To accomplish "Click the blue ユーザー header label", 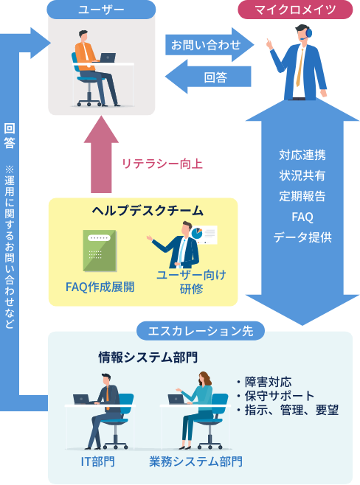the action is tap(101, 10).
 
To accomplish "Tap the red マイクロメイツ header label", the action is tap(295, 10).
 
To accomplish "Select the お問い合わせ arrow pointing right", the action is tap(210, 45).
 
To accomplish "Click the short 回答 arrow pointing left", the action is tap(208, 77).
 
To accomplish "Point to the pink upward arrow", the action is tap(101, 155).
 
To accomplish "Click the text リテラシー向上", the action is tap(162, 164).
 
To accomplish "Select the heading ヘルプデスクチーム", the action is tap(148, 211).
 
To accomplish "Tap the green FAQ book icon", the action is tap(100, 251).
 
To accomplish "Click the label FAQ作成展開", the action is tap(100, 287).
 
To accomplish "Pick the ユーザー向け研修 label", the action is tap(191, 282).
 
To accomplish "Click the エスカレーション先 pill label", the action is tap(201, 331).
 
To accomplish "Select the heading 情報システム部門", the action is tap(148, 357).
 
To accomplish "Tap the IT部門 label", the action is tap(98, 461).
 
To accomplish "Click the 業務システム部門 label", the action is tap(195, 461).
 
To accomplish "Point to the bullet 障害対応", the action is tap(264, 382).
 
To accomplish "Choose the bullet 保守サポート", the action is tap(275, 396).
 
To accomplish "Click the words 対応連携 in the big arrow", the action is tap(302, 155).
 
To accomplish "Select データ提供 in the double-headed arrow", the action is tap(302, 237).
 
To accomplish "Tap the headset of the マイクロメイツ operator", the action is tap(308, 33).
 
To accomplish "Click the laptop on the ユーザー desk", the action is tap(107, 57).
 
